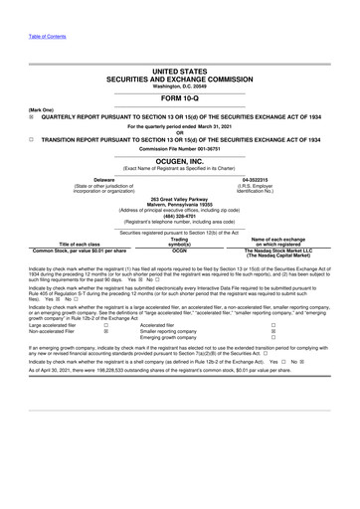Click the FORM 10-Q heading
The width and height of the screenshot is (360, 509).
tap(180, 99)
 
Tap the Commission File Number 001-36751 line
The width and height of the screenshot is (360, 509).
tap(180, 149)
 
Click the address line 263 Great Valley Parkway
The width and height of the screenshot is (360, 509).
tap(180, 200)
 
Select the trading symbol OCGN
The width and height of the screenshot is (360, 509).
tap(180, 252)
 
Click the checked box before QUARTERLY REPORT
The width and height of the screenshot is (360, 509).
tap(33, 114)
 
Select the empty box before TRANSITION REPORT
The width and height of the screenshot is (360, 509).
tap(33, 139)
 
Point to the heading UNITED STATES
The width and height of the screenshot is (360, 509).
tap(180, 73)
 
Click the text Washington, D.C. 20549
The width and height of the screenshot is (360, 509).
tap(180, 86)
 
